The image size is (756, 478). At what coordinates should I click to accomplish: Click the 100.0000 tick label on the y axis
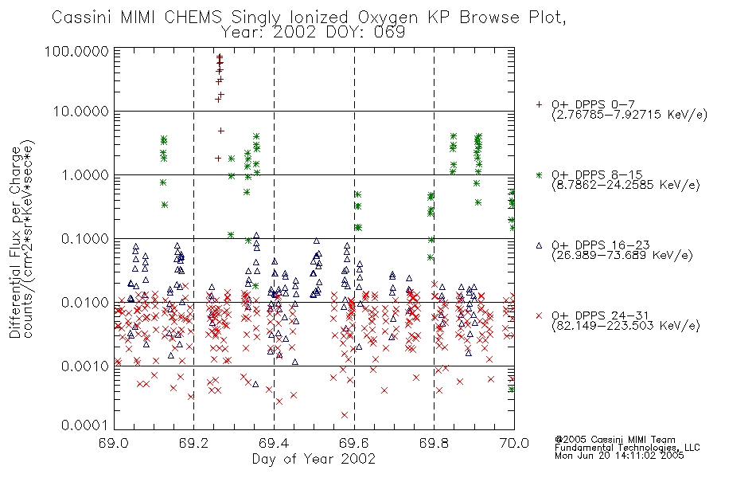click(76, 51)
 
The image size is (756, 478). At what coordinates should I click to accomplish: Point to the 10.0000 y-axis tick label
click(80, 112)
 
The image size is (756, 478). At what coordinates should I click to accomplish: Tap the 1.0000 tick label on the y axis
click(84, 174)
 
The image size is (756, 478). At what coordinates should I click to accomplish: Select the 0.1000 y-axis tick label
click(84, 238)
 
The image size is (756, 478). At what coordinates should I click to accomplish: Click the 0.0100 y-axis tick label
click(84, 302)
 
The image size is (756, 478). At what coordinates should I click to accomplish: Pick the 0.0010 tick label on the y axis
click(84, 366)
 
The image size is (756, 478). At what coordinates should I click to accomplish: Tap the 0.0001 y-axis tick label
click(84, 425)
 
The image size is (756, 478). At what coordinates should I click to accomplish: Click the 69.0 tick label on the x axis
click(114, 443)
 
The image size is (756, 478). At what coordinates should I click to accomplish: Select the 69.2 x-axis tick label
click(194, 443)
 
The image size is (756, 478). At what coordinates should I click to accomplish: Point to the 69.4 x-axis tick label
click(274, 443)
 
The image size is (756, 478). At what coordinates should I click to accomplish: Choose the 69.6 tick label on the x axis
click(354, 443)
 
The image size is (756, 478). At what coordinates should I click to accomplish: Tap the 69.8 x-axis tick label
click(434, 443)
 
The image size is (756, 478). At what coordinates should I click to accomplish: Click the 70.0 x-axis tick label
click(514, 443)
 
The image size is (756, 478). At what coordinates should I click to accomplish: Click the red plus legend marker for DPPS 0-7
click(539, 104)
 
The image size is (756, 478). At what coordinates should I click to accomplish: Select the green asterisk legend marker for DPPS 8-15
click(539, 174)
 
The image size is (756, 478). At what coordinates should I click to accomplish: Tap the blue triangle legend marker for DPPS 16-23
click(539, 245)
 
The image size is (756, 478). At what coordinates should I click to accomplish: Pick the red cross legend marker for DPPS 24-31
click(539, 315)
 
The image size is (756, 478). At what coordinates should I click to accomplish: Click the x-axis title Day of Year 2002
click(314, 459)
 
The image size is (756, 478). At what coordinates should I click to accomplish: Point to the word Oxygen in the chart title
click(388, 18)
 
